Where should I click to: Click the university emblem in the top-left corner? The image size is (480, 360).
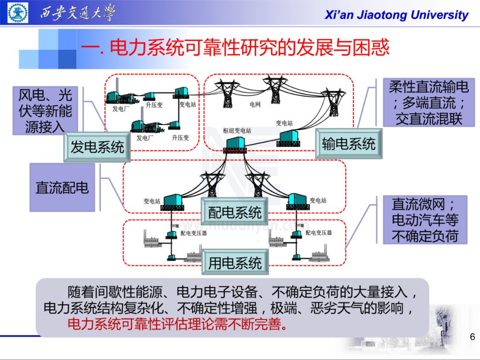18,13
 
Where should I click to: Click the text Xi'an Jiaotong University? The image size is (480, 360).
396,15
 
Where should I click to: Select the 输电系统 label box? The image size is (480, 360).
349,144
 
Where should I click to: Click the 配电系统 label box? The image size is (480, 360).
235,212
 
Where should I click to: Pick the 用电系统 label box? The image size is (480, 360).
235,263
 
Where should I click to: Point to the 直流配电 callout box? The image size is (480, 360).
62,187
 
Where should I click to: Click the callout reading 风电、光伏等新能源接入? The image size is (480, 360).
45,111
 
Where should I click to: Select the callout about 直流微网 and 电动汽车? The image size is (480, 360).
425,220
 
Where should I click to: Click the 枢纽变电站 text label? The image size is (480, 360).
237,131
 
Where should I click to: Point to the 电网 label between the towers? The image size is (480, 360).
255,105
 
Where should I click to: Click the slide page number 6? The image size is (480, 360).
472,337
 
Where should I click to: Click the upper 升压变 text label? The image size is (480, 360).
154,105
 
